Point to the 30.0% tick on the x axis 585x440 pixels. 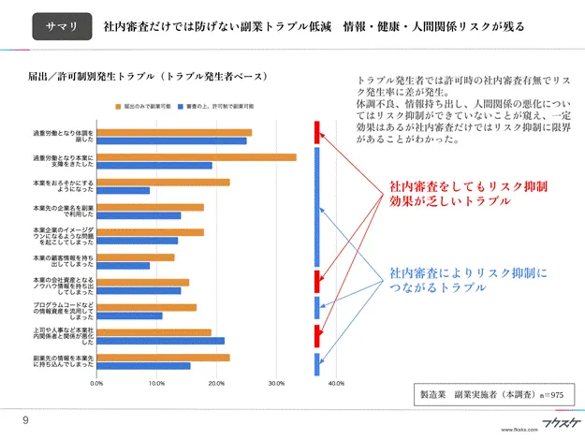coord(276,383)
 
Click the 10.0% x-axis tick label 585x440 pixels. coord(156,383)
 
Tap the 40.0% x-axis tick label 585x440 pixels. coord(337,383)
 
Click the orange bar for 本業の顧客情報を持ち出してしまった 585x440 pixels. coord(136,257)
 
